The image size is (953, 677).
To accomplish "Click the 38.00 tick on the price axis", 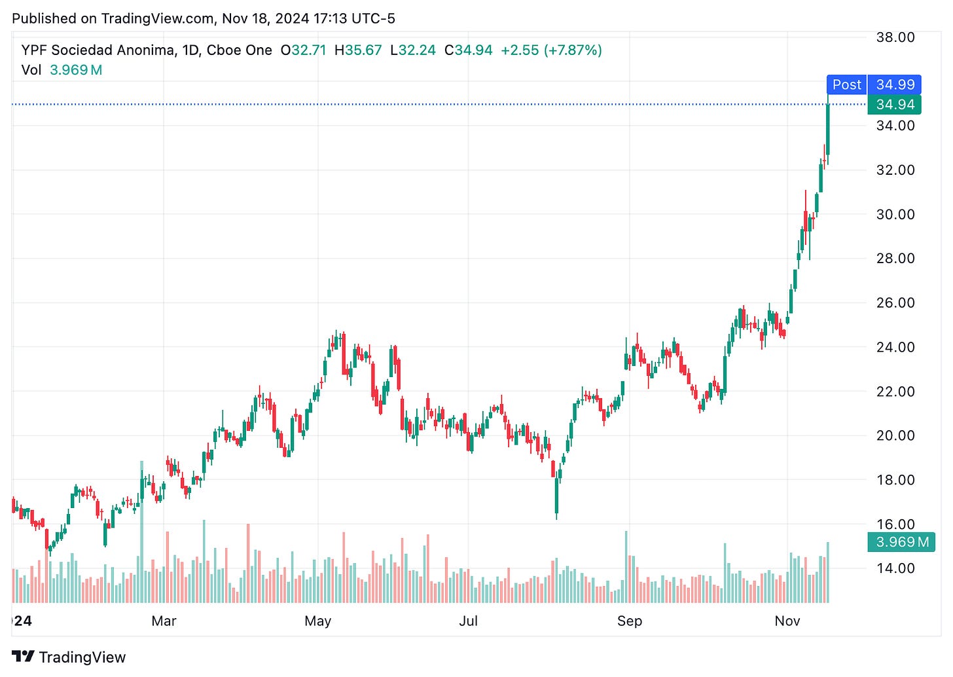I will click(x=895, y=37).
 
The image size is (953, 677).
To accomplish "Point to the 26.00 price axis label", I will click(x=895, y=302).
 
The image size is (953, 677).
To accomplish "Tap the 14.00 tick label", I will click(x=895, y=568).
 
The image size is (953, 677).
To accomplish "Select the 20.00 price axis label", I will click(x=895, y=435).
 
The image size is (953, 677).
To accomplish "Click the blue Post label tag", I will click(x=846, y=84).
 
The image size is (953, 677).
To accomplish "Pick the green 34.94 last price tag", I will click(x=895, y=105).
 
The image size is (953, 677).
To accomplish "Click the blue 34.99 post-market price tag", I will click(x=895, y=84).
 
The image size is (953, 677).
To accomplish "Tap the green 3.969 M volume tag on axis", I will click(x=902, y=542).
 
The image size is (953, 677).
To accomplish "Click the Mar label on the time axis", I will click(x=164, y=621).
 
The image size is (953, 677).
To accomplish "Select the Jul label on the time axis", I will click(x=468, y=621).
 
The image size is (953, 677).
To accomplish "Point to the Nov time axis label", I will click(x=787, y=621).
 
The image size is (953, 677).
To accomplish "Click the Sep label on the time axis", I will click(x=629, y=621).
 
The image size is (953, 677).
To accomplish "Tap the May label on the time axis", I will click(x=317, y=621).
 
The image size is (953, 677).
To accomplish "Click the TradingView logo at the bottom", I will click(x=69, y=657).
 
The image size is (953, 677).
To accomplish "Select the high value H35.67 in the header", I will click(x=357, y=50).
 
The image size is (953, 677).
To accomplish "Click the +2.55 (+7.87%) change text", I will click(x=551, y=50).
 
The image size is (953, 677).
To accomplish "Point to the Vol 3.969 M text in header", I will click(x=62, y=70).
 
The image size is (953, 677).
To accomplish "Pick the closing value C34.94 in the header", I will click(x=468, y=50).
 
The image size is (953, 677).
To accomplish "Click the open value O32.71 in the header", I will click(x=303, y=50).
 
